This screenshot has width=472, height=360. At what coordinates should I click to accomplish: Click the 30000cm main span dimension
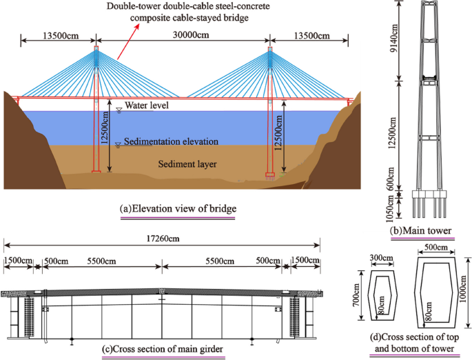pos(182,39)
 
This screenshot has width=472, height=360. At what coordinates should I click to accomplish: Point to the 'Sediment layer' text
pos(187,164)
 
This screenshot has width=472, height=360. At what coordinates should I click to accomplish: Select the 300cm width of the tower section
pos(382,258)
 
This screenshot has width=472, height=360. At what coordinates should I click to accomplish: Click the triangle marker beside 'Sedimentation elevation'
pos(119,143)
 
